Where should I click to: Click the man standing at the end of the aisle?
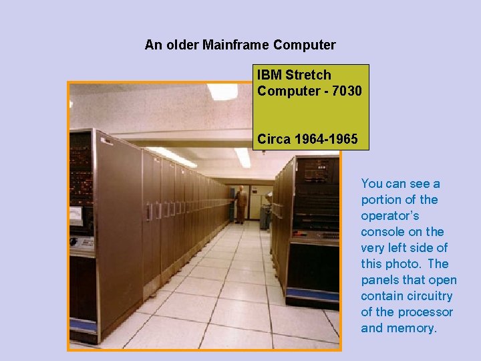click(x=240, y=203)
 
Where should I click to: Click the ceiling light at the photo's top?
click(x=222, y=91)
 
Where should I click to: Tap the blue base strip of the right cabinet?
click(x=313, y=295)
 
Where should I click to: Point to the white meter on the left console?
click(x=77, y=215)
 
